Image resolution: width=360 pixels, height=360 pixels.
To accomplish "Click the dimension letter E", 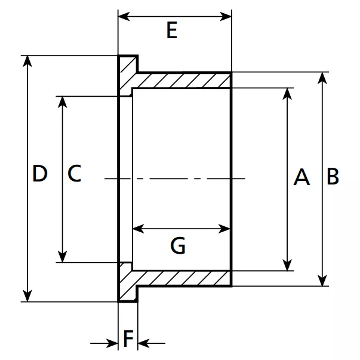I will click(172, 30).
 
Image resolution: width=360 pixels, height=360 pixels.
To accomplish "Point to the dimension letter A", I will click(301, 177).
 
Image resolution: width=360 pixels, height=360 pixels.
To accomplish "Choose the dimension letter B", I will click(333, 177).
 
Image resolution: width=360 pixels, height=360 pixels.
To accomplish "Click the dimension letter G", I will click(178, 245).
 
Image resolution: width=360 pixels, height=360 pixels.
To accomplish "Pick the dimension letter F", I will click(128, 339).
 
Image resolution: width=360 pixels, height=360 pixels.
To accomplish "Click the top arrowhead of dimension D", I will click(27, 62).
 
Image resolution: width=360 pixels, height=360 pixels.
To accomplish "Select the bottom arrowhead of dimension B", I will click(323, 279).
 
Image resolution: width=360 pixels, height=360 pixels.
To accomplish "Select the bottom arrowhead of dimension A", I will click(288, 264).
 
